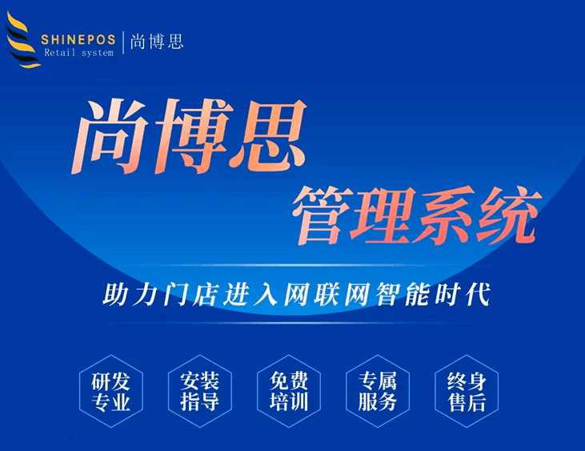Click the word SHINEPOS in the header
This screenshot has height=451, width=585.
[x=78, y=38]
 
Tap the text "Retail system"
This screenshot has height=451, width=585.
[x=78, y=53]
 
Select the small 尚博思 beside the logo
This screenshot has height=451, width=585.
[x=158, y=41]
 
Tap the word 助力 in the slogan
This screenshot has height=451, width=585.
[x=126, y=293]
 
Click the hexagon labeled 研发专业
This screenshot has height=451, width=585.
[x=111, y=391]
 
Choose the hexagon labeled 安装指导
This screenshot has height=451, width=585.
[x=200, y=391]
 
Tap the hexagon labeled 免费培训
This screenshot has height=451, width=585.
[x=289, y=391]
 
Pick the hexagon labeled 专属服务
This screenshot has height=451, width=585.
[x=377, y=391]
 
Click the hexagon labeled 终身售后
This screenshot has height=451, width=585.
[x=466, y=391]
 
